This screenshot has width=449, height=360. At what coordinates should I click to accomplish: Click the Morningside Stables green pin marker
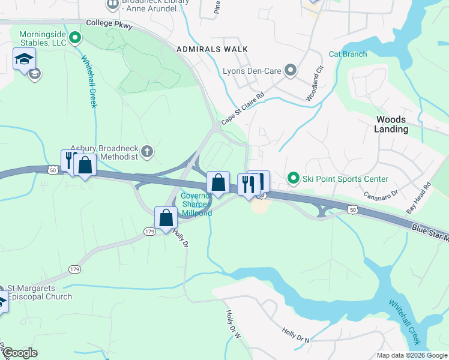coord(75,38)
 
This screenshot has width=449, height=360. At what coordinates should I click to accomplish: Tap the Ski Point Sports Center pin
coord(293,178)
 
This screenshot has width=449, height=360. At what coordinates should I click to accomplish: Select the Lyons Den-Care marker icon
coord(291,71)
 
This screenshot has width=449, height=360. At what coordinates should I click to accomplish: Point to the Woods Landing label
coord(391,124)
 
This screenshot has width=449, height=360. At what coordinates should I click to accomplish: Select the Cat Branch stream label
coord(348,55)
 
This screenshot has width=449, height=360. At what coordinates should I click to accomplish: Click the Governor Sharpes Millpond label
coord(197,205)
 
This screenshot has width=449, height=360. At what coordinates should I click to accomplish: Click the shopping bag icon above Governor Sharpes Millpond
coord(218,181)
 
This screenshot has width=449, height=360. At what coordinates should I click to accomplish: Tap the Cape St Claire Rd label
coord(243,109)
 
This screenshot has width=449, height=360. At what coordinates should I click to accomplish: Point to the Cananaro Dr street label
coord(381,195)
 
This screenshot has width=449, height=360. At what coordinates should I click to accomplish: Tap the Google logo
coord(20,353)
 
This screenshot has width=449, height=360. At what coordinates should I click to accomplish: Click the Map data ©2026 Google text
coord(411,355)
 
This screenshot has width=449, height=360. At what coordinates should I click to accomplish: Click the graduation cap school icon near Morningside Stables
coord(25,59)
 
